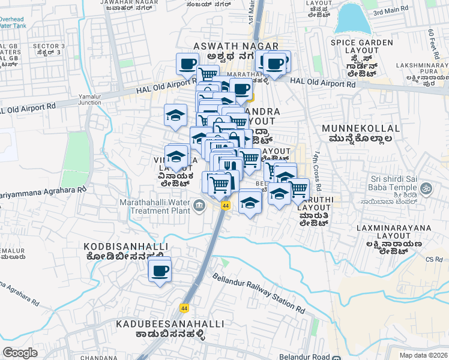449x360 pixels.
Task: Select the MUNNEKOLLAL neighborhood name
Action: [x=361, y=128]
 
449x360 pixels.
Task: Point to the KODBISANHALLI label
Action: [x=125, y=247]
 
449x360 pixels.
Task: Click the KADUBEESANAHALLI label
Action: [x=163, y=324]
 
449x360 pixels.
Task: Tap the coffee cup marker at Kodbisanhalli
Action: [x=160, y=271]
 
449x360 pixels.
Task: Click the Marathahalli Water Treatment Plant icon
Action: [x=199, y=206]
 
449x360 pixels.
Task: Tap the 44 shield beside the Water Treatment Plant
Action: [x=225, y=206]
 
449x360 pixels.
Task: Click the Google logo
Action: [x=20, y=352]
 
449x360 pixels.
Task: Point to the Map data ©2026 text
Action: [x=424, y=355]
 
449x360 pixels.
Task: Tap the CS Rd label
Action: [x=433, y=259]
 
